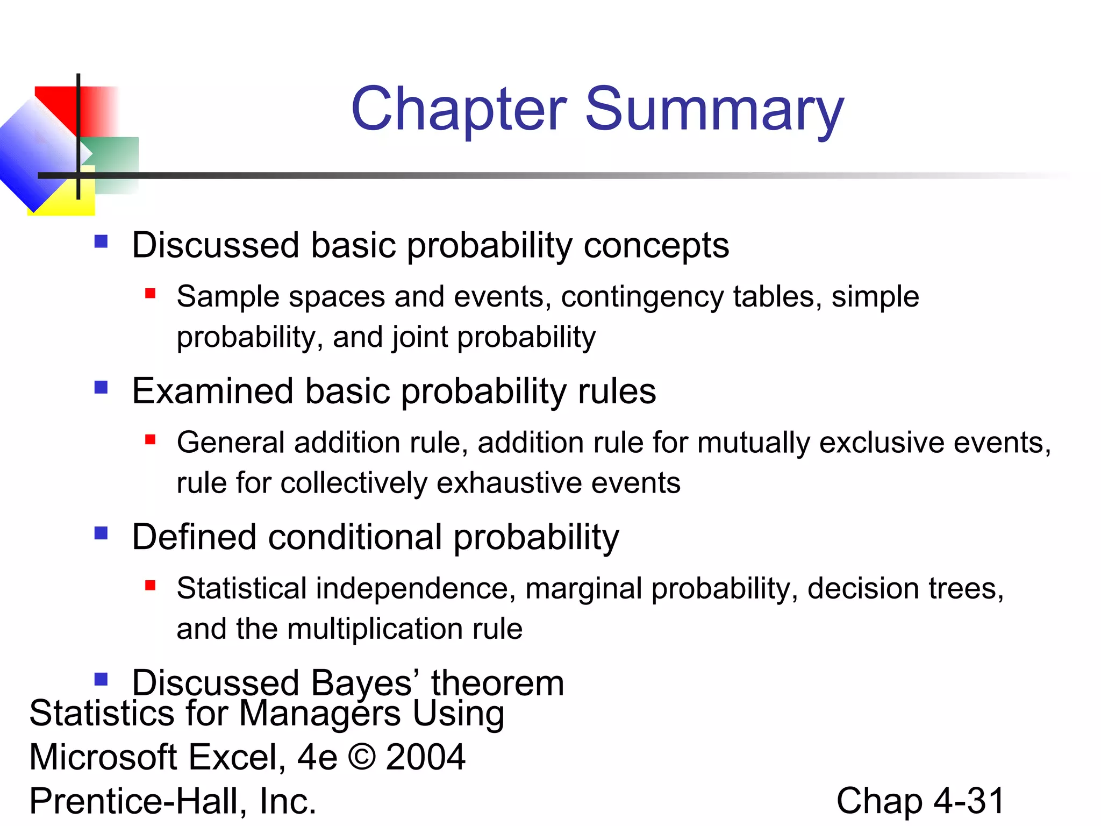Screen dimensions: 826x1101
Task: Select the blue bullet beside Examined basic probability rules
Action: click(x=101, y=387)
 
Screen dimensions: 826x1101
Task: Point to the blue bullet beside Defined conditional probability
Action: click(x=101, y=533)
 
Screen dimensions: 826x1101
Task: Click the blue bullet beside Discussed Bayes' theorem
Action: click(x=101, y=679)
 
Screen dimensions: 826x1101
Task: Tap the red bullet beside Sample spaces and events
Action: click(x=150, y=293)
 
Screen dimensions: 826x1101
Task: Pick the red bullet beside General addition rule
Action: click(x=150, y=439)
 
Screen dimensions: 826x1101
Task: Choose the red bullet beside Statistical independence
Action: click(x=150, y=585)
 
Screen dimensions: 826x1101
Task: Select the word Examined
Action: click(x=213, y=391)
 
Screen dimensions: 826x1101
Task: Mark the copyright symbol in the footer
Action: click(x=362, y=757)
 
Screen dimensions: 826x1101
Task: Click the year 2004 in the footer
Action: click(x=425, y=757)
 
